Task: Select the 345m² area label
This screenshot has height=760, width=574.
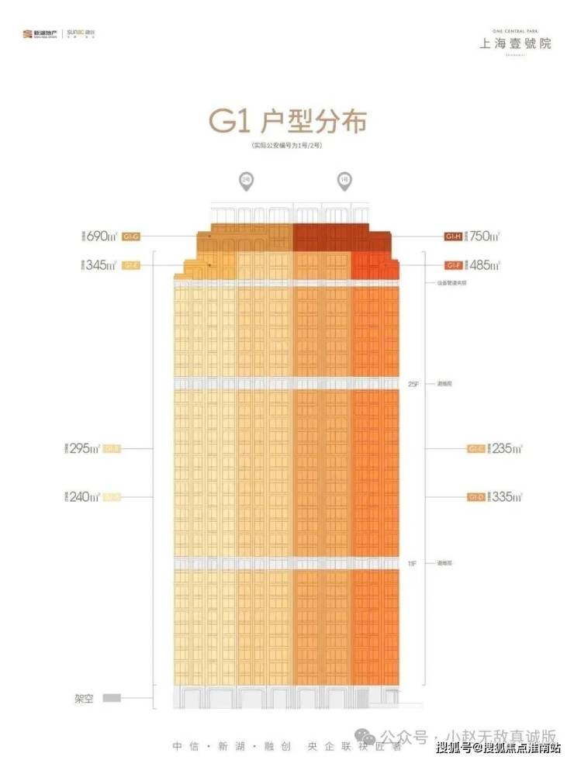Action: (x=101, y=265)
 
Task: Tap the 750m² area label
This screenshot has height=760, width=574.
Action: (x=484, y=235)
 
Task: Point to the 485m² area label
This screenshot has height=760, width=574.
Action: (x=484, y=265)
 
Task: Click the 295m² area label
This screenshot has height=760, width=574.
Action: (x=86, y=448)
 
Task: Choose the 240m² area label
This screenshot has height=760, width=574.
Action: (x=86, y=496)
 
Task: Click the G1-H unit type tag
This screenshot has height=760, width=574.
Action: (x=453, y=236)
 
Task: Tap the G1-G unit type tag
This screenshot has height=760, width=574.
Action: (x=130, y=236)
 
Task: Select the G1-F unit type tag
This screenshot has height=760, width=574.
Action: (x=453, y=265)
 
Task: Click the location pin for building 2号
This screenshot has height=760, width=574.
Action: (x=244, y=181)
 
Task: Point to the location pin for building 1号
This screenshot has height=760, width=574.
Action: (x=343, y=181)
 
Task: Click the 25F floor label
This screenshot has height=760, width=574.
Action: (x=413, y=383)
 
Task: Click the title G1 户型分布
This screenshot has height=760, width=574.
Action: (x=287, y=122)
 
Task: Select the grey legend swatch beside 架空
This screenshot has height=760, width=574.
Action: (x=112, y=697)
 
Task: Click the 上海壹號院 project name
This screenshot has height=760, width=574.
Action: (x=514, y=43)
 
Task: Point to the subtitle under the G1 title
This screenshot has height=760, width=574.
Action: (x=287, y=147)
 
